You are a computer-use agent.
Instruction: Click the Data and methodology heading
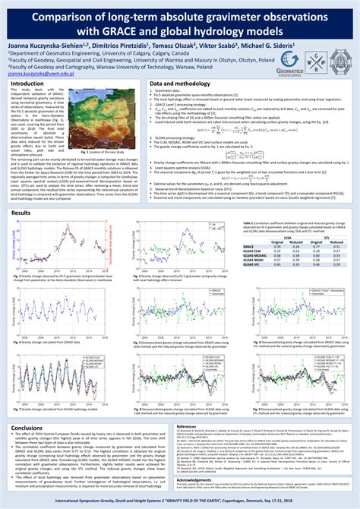click(x=179, y=84)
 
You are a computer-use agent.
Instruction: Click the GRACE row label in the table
click(x=248, y=247)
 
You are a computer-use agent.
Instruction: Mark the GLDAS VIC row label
click(x=253, y=264)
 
